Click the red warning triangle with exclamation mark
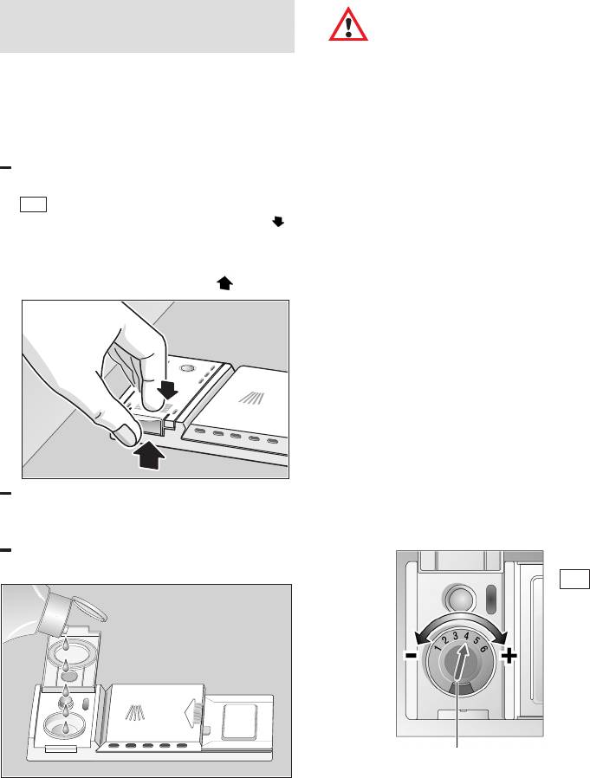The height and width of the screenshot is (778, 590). click(x=348, y=25)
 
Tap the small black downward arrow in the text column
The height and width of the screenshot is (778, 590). click(x=278, y=222)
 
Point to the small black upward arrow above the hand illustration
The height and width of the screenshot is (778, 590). click(x=224, y=283)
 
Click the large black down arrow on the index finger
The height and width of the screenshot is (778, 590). click(x=169, y=391)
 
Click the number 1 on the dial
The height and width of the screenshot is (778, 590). click(x=438, y=648)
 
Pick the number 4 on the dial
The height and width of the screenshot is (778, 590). click(x=466, y=636)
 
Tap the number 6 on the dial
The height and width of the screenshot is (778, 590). click(x=483, y=645)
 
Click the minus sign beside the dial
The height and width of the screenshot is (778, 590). click(x=411, y=656)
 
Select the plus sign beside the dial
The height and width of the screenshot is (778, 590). click(x=509, y=657)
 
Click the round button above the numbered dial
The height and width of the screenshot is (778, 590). click(x=459, y=598)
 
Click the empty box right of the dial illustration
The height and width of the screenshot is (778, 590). click(x=574, y=579)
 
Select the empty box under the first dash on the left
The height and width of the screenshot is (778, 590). click(x=33, y=204)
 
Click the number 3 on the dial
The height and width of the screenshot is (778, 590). click(x=456, y=637)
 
